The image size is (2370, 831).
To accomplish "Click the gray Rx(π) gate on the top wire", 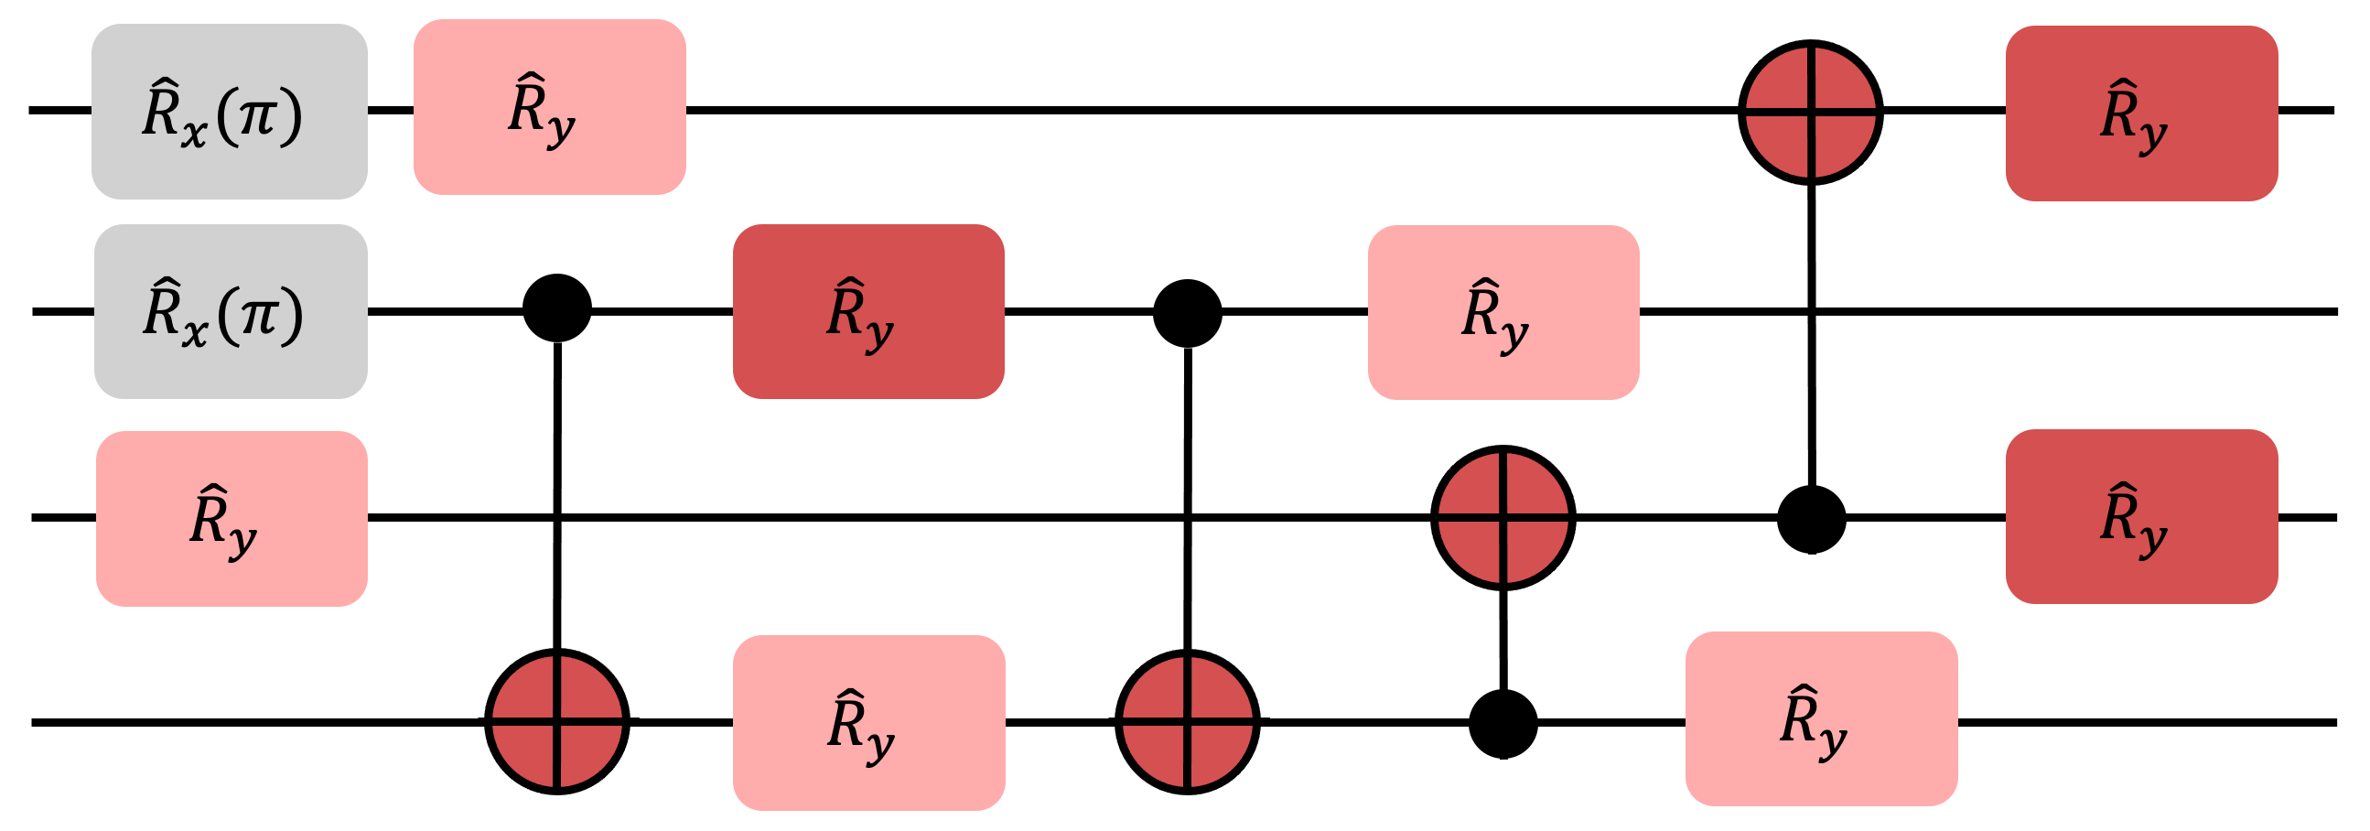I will [229, 112].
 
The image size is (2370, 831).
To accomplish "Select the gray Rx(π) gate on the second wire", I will [230, 311].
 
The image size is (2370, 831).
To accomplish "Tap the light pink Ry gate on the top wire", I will [549, 107].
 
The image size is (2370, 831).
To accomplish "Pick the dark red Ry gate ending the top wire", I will [2141, 113].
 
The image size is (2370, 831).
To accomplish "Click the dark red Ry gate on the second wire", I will [867, 311].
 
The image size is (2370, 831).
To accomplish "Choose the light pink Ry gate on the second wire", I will [1503, 312].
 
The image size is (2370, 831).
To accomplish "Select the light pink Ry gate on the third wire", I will [231, 518].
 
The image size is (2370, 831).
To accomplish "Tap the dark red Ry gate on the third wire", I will [2141, 516].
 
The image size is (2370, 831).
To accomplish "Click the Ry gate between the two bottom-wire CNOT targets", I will [868, 722].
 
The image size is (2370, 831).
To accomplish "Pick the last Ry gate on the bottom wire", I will [1821, 718].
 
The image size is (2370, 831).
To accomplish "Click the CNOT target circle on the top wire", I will [1810, 113].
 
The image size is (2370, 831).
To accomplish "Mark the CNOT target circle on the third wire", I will [1503, 517].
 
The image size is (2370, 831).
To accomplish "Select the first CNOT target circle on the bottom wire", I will [556, 721].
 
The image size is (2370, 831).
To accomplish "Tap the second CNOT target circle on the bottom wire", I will [1187, 721].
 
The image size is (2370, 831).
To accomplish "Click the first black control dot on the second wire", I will [556, 308].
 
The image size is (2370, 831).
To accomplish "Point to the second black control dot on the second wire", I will [1187, 313].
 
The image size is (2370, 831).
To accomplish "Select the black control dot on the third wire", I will [1811, 520].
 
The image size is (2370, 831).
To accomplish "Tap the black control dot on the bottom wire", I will [1503, 724].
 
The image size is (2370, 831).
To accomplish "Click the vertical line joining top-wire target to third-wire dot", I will [1811, 331].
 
